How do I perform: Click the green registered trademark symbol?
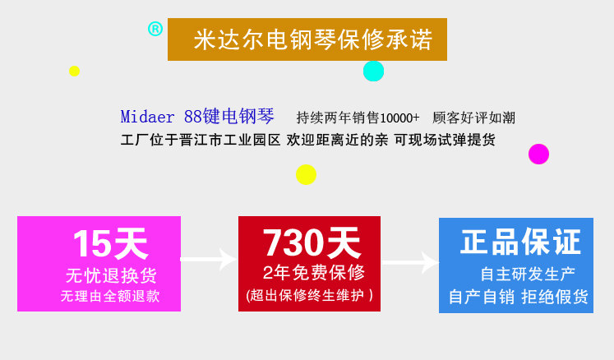(155, 29)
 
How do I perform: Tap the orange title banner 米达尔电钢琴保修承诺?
(307, 39)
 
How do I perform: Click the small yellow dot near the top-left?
(74, 71)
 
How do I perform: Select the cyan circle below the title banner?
(373, 71)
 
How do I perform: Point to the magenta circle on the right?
(538, 154)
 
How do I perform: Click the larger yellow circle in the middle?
(306, 174)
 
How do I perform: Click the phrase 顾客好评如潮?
(473, 118)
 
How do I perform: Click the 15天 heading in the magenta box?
(110, 243)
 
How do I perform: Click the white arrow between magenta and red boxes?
(209, 261)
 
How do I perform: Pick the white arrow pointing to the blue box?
(409, 262)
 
